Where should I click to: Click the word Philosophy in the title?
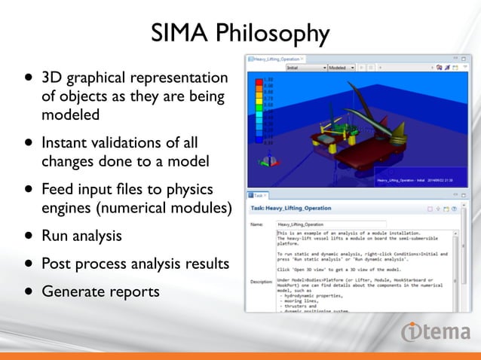[272, 34]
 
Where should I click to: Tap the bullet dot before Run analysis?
[28, 236]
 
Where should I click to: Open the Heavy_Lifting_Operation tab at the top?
[276, 58]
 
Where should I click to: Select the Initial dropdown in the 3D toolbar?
[305, 68]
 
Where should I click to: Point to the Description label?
[262, 282]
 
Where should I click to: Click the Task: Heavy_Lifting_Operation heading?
[295, 208]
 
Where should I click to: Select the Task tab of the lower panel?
[259, 194]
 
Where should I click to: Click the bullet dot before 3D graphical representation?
[28, 78]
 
